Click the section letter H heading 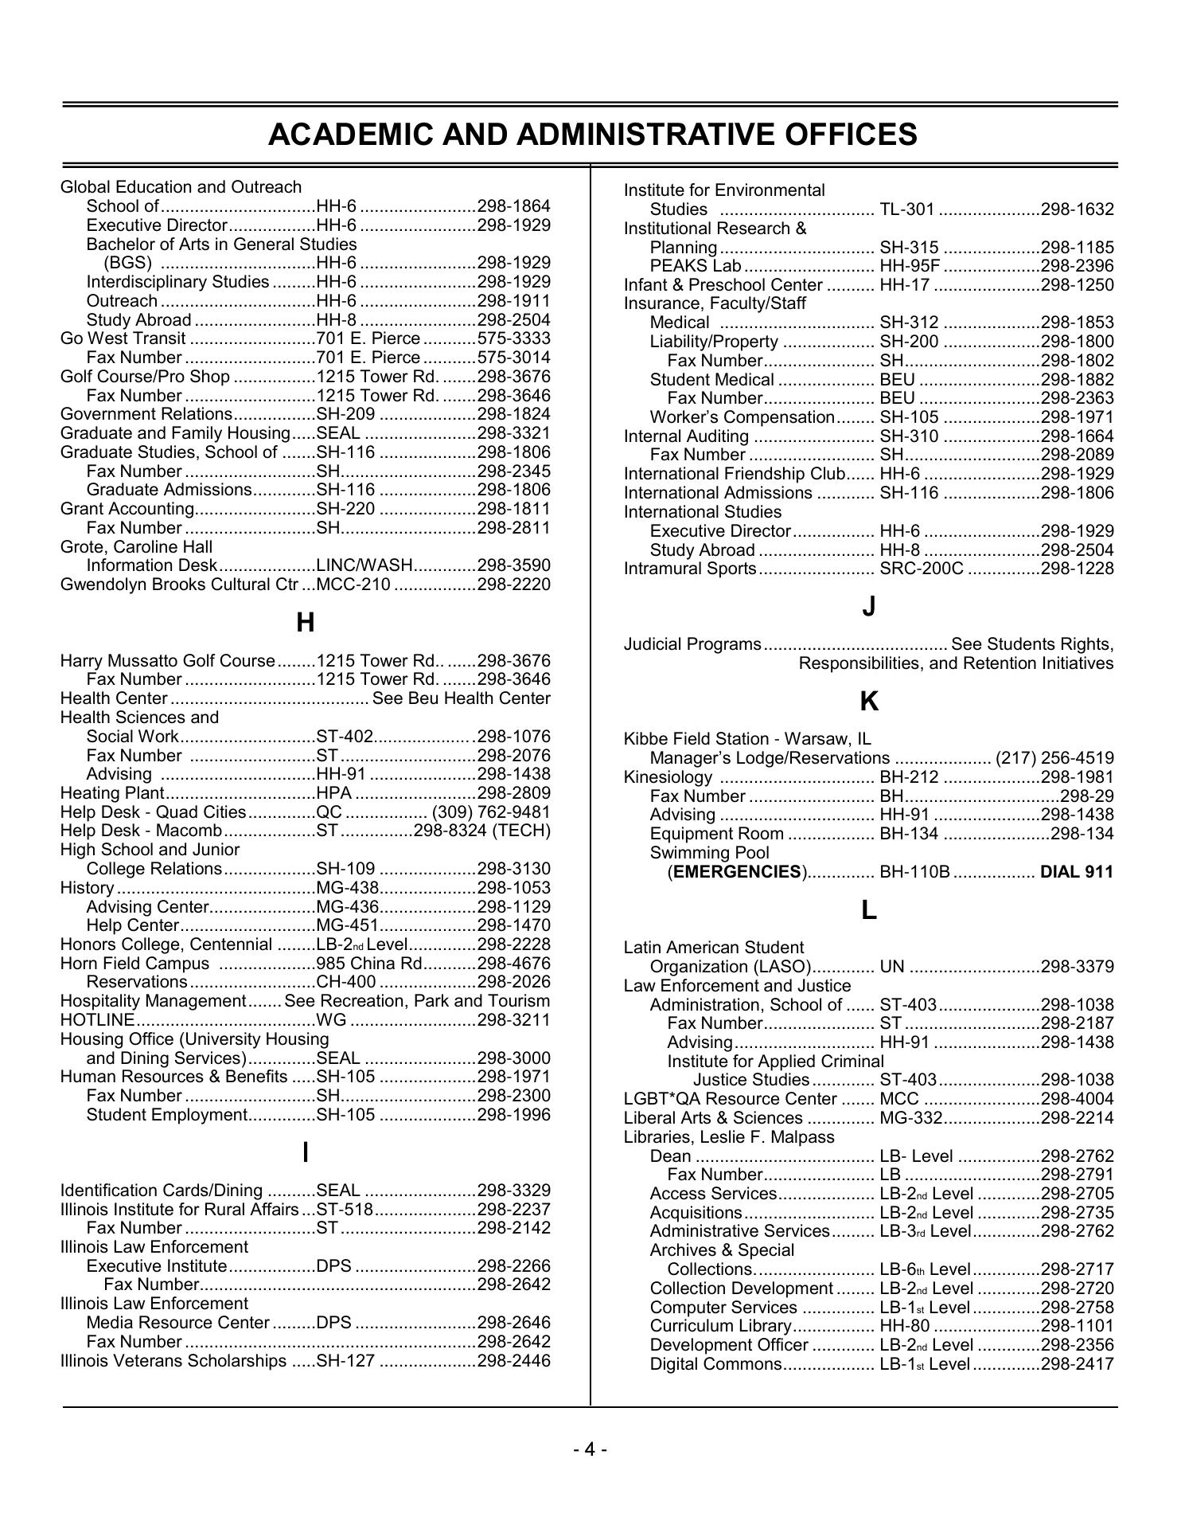pyautogui.click(x=305, y=623)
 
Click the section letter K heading pyautogui.click(x=869, y=702)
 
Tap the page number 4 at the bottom pyautogui.click(x=590, y=1449)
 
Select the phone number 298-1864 pyautogui.click(x=513, y=206)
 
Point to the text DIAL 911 pyautogui.click(x=1077, y=872)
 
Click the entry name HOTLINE pyautogui.click(x=97, y=1020)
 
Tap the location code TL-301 pyautogui.click(x=906, y=209)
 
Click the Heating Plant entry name pyautogui.click(x=112, y=793)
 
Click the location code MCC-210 pyautogui.click(x=353, y=585)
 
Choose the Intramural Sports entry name pyautogui.click(x=689, y=569)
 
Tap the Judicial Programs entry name pyautogui.click(x=692, y=644)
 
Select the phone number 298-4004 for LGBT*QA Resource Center pyautogui.click(x=1077, y=1099)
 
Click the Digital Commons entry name pyautogui.click(x=715, y=1364)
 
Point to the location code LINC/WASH pyautogui.click(x=364, y=565)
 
